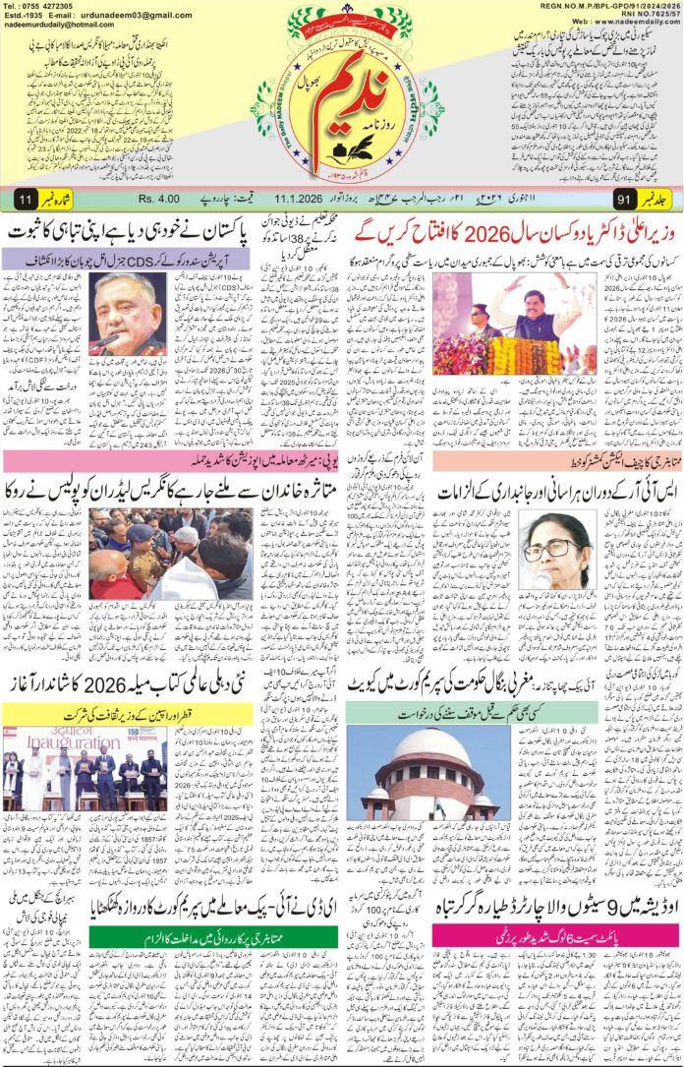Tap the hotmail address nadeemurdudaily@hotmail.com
point(60,29)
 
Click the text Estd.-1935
point(26,18)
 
